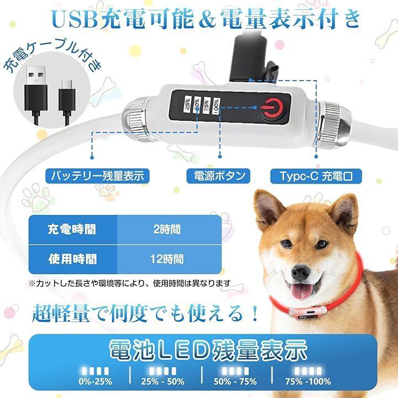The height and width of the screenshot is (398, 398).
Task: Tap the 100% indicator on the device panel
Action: click(x=216, y=106)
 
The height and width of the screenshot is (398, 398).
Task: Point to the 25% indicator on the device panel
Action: click(x=187, y=104)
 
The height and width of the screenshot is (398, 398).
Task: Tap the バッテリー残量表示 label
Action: click(x=97, y=176)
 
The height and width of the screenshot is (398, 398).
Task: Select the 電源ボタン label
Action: click(x=218, y=176)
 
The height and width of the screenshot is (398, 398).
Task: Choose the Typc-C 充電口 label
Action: click(x=316, y=176)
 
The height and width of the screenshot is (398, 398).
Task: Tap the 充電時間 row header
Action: click(x=73, y=229)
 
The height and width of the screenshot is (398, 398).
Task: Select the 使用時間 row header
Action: click(x=73, y=259)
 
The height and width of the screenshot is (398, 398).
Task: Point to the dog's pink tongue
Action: click(x=302, y=291)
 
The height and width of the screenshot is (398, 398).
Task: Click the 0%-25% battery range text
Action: click(x=95, y=381)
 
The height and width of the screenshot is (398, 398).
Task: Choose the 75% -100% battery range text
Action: click(x=308, y=381)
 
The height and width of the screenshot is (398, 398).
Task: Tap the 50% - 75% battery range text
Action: click(x=235, y=381)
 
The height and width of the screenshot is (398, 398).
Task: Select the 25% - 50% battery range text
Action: click(x=163, y=381)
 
